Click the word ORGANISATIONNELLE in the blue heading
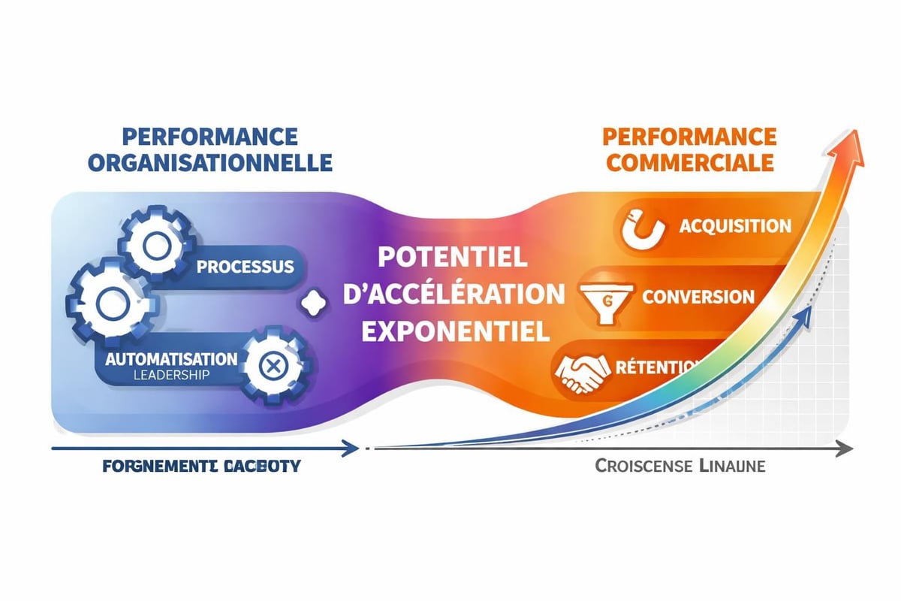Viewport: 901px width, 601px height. pos(209,162)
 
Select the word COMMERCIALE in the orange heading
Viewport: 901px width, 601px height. pos(689,162)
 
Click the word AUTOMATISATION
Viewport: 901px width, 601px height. pos(171,358)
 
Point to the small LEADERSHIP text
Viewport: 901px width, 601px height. pos(171,375)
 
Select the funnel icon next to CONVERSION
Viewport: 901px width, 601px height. pos(604,298)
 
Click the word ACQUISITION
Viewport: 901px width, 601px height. pos(734,226)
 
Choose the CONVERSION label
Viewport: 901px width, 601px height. pos(698,296)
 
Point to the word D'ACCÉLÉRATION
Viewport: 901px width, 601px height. pos(453,294)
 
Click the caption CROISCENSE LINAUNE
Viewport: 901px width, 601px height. pos(680,467)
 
